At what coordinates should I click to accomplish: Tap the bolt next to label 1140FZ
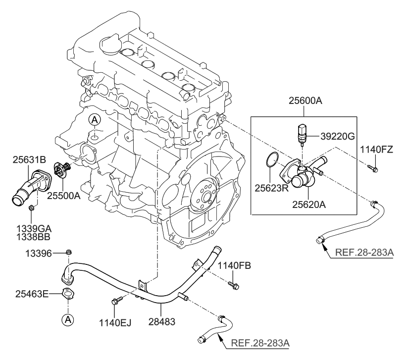pos(373,169)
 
